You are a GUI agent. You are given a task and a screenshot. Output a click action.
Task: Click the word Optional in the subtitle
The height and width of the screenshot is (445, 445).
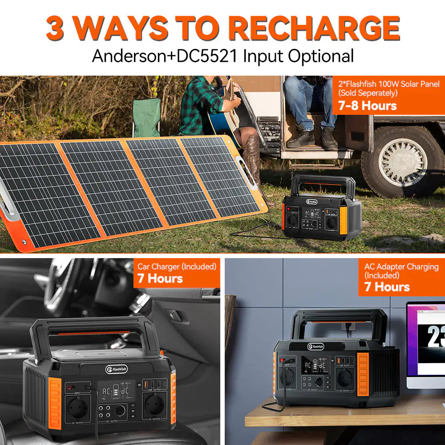click(320, 57)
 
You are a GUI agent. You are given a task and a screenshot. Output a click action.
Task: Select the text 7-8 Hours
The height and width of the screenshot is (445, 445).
click(367, 106)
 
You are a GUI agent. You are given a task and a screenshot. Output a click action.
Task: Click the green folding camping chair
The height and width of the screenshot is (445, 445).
click(146, 117)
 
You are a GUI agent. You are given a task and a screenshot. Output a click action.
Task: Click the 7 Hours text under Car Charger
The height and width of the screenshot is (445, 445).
click(160, 279)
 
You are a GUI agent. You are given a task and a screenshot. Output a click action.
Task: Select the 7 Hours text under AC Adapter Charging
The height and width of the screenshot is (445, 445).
click(387, 287)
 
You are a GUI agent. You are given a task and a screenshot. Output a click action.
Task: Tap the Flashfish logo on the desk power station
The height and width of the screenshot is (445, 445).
click(316, 347)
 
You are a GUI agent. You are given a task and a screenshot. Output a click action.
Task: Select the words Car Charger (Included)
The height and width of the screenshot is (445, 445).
click(177, 267)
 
